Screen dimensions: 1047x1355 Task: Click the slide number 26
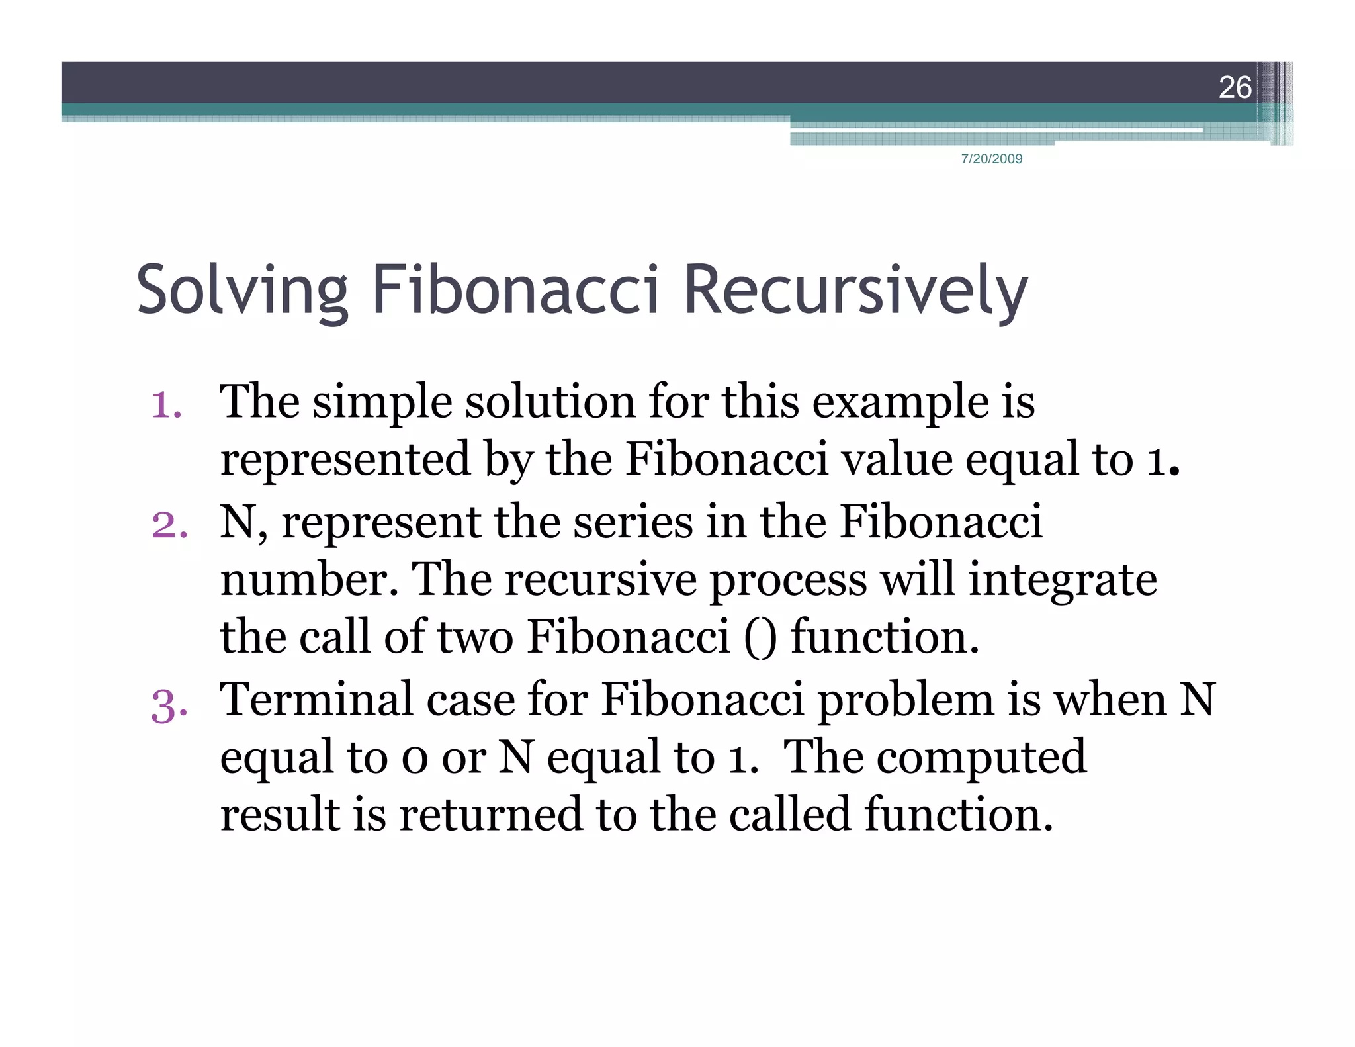pyautogui.click(x=1235, y=87)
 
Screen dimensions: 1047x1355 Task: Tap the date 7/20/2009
pyautogui.click(x=991, y=159)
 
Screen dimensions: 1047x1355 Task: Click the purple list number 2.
pyautogui.click(x=169, y=524)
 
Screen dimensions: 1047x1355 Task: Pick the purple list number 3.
pyautogui.click(x=169, y=704)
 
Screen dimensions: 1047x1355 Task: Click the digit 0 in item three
pyautogui.click(x=415, y=758)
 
